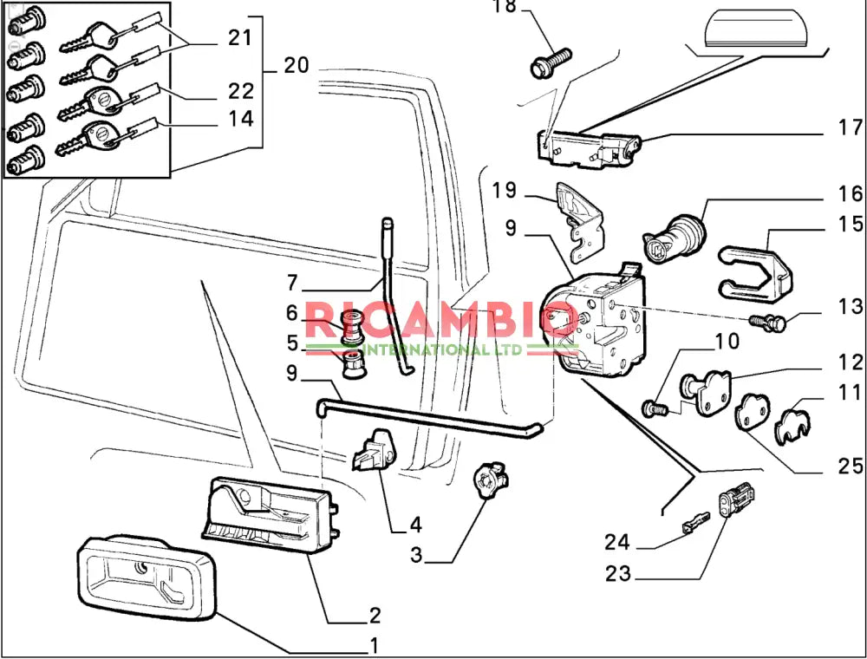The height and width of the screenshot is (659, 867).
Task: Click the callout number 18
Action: (x=504, y=7)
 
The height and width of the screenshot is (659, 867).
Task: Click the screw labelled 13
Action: (x=768, y=323)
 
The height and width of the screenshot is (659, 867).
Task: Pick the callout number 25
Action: (x=849, y=467)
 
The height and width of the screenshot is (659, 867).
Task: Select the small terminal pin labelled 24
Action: (x=695, y=521)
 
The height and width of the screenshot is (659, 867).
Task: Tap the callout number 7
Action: (x=291, y=283)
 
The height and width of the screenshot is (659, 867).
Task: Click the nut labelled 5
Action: (x=353, y=366)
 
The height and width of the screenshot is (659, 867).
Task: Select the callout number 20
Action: (x=296, y=65)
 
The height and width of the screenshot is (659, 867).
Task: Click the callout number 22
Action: (x=241, y=91)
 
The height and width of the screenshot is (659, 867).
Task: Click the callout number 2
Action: (x=375, y=616)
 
